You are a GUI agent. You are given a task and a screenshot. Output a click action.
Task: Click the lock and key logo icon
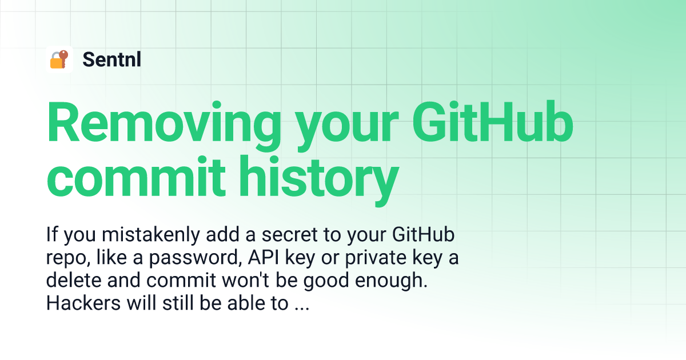pyautogui.click(x=59, y=59)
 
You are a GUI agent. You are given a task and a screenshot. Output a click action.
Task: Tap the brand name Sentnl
pyautogui.click(x=112, y=59)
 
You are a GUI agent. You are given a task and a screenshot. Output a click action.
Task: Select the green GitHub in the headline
pyautogui.click(x=493, y=122)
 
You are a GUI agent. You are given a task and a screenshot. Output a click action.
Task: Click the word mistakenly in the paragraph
pyautogui.click(x=151, y=234)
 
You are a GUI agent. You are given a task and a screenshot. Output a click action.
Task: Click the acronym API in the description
pyautogui.click(x=264, y=258)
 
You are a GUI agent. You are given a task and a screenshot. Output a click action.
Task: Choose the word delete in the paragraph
pyautogui.click(x=74, y=280)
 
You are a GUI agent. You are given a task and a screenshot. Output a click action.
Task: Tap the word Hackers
pyautogui.click(x=83, y=303)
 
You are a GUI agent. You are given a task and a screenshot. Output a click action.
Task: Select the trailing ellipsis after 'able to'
pyautogui.click(x=302, y=309)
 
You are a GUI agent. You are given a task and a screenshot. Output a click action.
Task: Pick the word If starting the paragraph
pyautogui.click(x=52, y=234)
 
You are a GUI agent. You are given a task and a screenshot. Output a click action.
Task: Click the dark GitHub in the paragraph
pyautogui.click(x=423, y=234)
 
